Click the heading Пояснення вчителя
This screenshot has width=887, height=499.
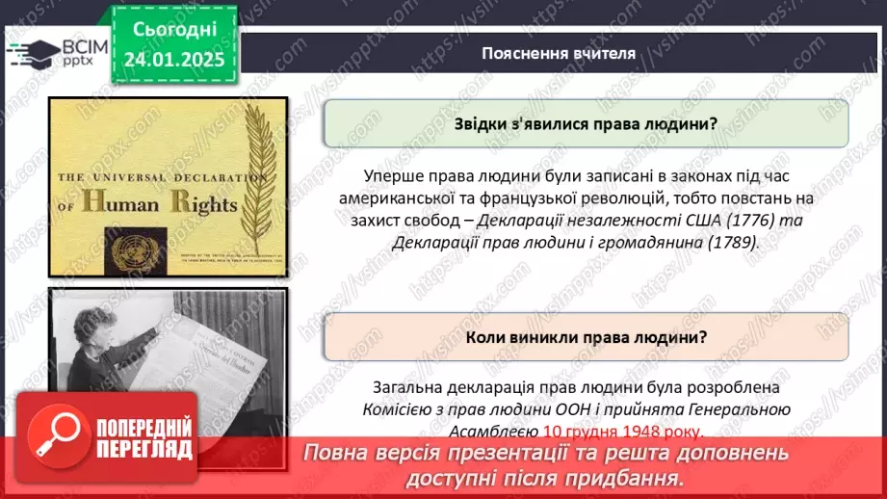559,53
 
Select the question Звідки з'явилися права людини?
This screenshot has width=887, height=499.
586,122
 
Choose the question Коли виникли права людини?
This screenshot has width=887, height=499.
586,337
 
